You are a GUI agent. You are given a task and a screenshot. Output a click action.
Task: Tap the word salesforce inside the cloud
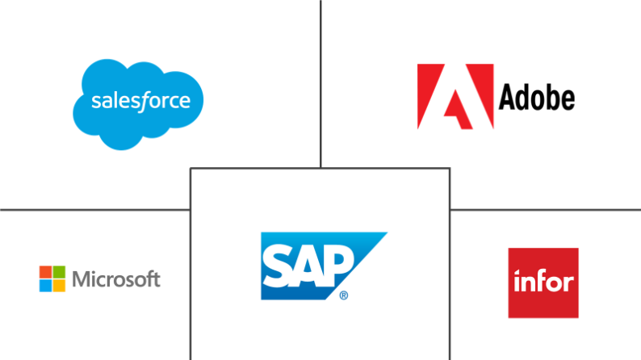click(x=140, y=102)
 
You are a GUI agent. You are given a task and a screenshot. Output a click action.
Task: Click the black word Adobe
click(x=537, y=98)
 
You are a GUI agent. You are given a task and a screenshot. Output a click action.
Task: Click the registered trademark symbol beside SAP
click(x=344, y=295)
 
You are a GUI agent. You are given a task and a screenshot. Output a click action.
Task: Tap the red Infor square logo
click(x=543, y=283)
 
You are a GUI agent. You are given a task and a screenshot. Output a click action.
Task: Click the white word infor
click(x=543, y=283)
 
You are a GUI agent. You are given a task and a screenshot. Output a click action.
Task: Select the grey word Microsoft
click(x=116, y=280)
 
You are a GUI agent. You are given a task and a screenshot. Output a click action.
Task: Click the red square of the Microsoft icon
click(x=45, y=273)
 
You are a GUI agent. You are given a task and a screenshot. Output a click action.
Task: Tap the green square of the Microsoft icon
click(x=59, y=273)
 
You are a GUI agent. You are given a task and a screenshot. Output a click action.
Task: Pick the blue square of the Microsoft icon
click(x=45, y=286)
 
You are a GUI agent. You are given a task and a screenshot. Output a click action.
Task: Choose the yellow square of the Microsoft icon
click(x=59, y=286)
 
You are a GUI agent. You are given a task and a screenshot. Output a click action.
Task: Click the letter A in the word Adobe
click(x=508, y=98)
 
